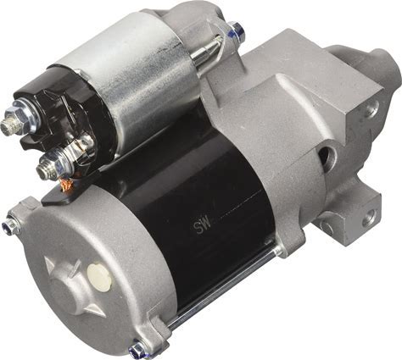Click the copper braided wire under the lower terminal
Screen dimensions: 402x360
pyautogui.click(x=67, y=184)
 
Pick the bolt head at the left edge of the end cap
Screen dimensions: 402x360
pyautogui.click(x=10, y=224)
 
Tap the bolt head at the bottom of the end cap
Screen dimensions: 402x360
pyautogui.click(x=137, y=349)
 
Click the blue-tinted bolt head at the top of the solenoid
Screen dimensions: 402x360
pyautogui.click(x=237, y=29)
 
